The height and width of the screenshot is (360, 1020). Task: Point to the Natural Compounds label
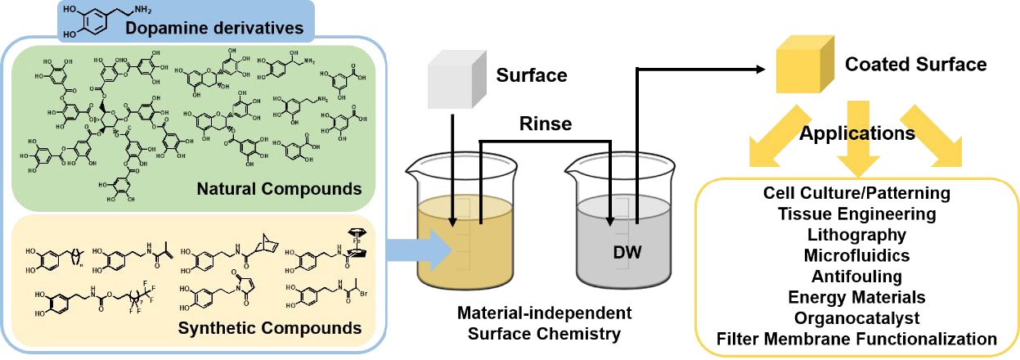click(279, 190)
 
